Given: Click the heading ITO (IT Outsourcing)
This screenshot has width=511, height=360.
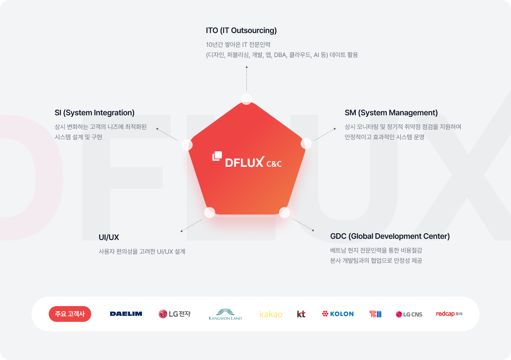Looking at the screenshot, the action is (241, 31).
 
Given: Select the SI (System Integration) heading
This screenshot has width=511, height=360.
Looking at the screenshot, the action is (94, 113).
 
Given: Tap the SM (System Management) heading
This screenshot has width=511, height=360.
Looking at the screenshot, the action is (391, 113).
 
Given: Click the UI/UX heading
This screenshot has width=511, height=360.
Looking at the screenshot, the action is (109, 237).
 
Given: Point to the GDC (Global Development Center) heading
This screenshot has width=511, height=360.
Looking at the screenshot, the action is (390, 236).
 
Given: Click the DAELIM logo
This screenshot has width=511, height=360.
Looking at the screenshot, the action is (126, 314).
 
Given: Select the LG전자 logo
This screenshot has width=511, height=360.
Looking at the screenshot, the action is (175, 314).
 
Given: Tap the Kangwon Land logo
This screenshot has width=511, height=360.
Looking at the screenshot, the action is (225, 314).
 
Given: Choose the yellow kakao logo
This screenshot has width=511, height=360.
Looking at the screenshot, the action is (271, 314).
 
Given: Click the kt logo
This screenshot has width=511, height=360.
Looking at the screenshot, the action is (301, 314).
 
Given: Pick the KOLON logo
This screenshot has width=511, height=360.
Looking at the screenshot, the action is (338, 314).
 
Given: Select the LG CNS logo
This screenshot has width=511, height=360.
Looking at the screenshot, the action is (409, 314).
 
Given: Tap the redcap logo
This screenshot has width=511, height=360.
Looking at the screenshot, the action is (449, 314).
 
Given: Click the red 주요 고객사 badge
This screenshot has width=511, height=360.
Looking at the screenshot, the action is (70, 314).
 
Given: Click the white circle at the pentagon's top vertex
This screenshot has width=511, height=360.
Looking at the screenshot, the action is (246, 99).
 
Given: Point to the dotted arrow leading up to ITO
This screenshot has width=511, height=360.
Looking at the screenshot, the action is (246, 78).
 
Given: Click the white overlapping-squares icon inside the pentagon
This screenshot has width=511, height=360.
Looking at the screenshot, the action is (217, 156).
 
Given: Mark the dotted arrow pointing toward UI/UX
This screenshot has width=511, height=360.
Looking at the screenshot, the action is (191, 225).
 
